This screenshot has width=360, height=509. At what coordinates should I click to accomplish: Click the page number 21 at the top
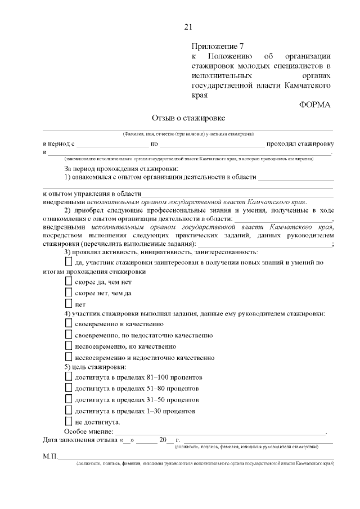188,27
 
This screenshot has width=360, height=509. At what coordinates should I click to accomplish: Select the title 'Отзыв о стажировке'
188,118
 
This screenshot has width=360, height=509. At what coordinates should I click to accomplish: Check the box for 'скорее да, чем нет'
69,281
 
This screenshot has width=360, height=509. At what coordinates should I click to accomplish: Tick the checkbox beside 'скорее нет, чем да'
69,292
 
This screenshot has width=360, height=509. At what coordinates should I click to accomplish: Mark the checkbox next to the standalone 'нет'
69,304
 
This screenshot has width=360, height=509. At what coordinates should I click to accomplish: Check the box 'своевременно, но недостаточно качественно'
69,335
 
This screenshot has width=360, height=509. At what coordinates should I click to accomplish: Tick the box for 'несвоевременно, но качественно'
69,346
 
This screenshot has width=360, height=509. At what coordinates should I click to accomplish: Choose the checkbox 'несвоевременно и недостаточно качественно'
69,357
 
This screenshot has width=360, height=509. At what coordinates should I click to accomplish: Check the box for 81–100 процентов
69,377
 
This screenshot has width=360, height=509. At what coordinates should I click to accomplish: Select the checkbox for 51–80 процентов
69,388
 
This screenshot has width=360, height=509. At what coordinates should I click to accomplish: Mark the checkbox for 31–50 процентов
69,399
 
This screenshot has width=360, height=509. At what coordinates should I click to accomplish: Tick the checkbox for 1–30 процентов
69,411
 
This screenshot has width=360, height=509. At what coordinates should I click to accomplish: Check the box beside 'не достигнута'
69,421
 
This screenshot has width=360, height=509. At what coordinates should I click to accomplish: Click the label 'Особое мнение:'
88,431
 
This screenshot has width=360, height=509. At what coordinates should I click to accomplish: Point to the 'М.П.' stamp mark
50,456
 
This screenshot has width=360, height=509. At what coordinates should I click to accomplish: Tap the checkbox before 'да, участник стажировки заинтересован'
69,262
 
